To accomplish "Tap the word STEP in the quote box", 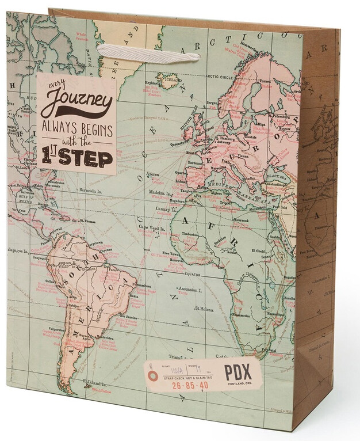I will (x=86, y=156).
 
